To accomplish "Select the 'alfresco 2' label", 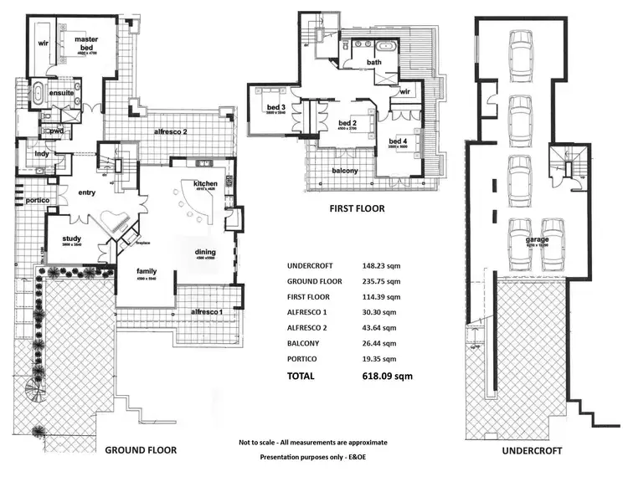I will coord(169,132).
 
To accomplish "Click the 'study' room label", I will coord(71,238).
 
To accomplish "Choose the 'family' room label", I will coord(147,271).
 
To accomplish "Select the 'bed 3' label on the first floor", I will coord(277,107).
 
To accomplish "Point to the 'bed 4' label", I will coord(398,141).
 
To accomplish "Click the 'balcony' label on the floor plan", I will coord(344,171).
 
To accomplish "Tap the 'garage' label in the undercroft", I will coord(537,240).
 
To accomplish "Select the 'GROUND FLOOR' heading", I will coord(141,449).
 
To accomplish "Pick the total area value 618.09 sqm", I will coord(388,377).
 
